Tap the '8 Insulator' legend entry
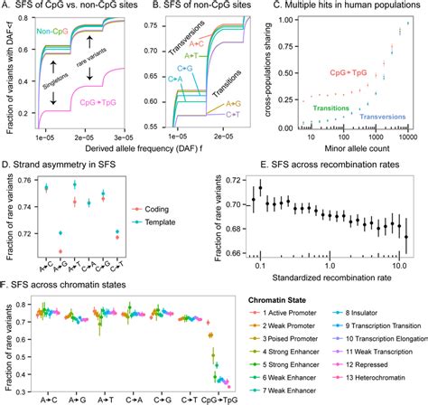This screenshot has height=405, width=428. tap(362, 310)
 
